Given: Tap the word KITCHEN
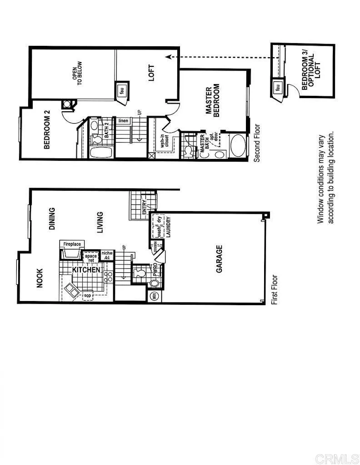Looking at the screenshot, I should pyautogui.click(x=86, y=270).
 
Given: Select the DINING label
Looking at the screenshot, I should pyautogui.click(x=52, y=218).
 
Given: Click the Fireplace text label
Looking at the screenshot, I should pyautogui.click(x=72, y=244).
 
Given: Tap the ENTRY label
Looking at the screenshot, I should pyautogui.click(x=145, y=207).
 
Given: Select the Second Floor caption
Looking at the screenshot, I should pyautogui.click(x=257, y=143).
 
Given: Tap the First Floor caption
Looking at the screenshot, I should pyautogui.click(x=274, y=289).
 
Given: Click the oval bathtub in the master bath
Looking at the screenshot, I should pyautogui.click(x=237, y=146).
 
